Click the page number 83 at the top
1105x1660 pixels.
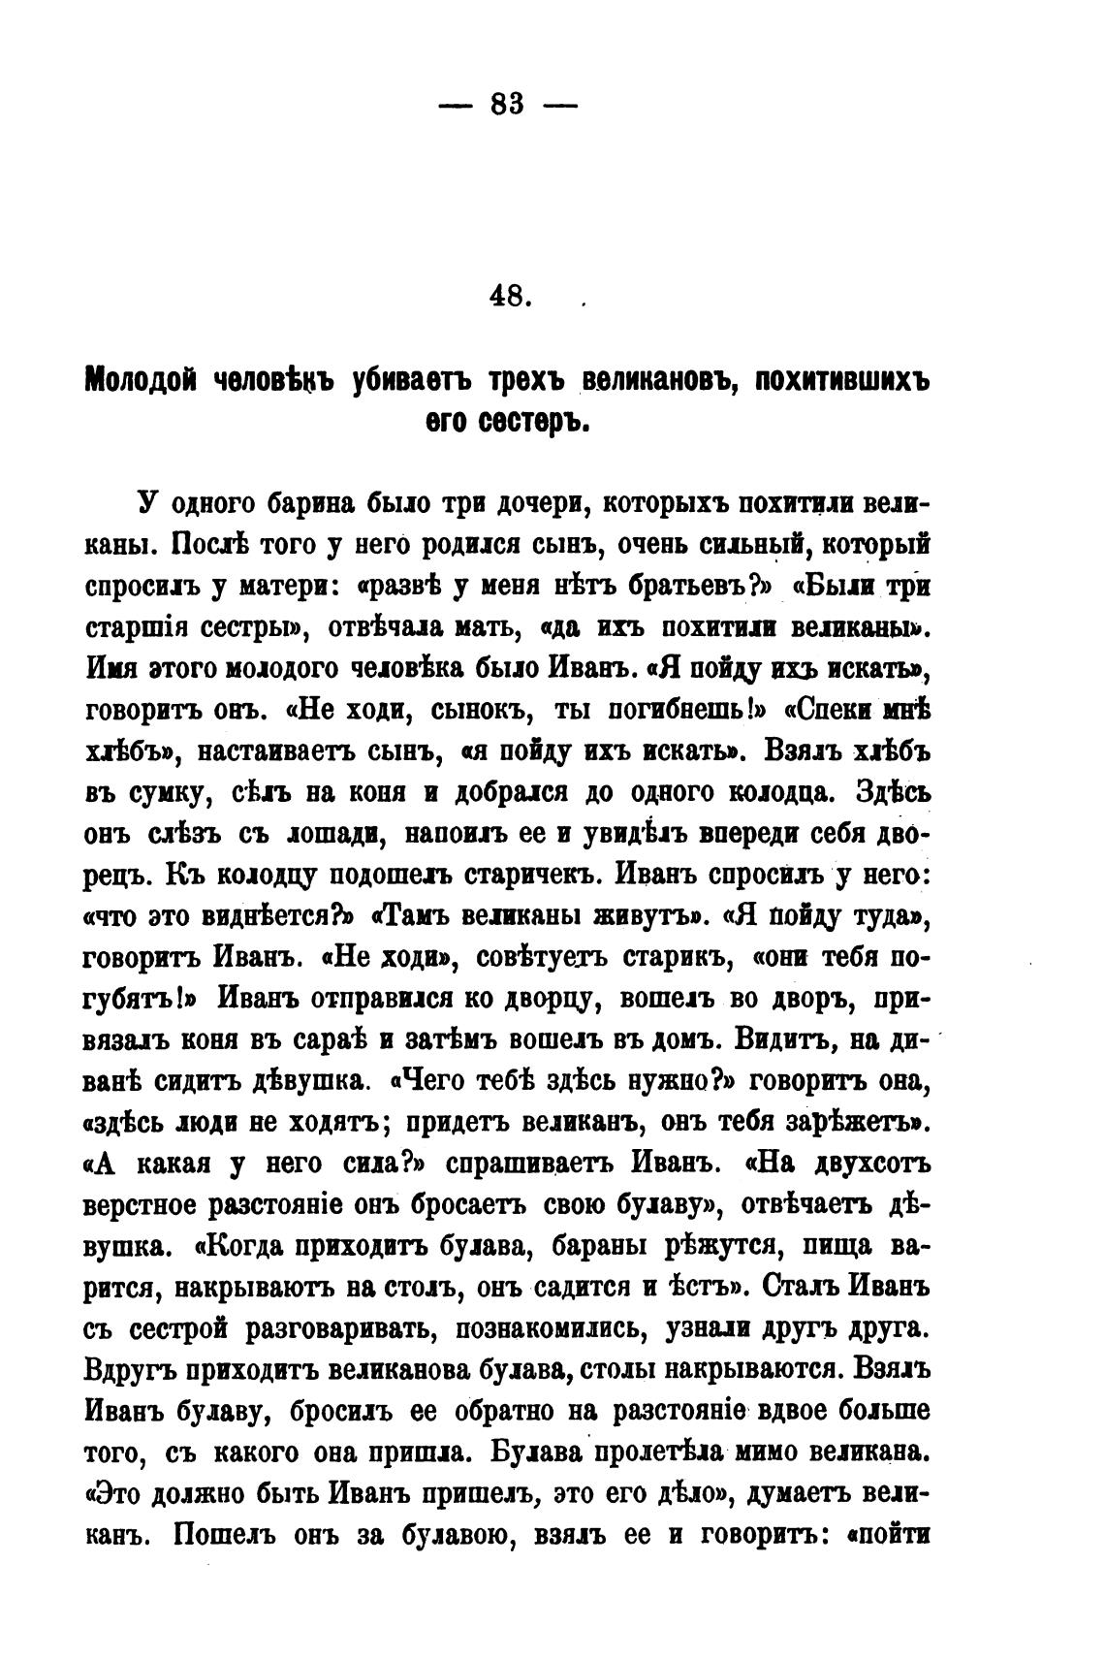[507, 103]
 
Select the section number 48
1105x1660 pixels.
[507, 296]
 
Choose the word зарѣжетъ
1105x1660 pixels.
[852, 1124]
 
